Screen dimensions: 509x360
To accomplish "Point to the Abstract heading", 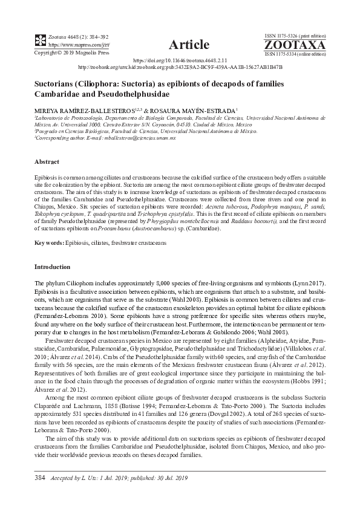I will pyautogui.click(x=47, y=163).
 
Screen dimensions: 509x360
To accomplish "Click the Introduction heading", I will pyautogui.click(x=53, y=267).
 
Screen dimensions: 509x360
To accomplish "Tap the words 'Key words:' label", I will pyautogui.click(x=50, y=242).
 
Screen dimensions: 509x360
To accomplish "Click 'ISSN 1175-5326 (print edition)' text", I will pyautogui.click(x=295, y=37).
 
